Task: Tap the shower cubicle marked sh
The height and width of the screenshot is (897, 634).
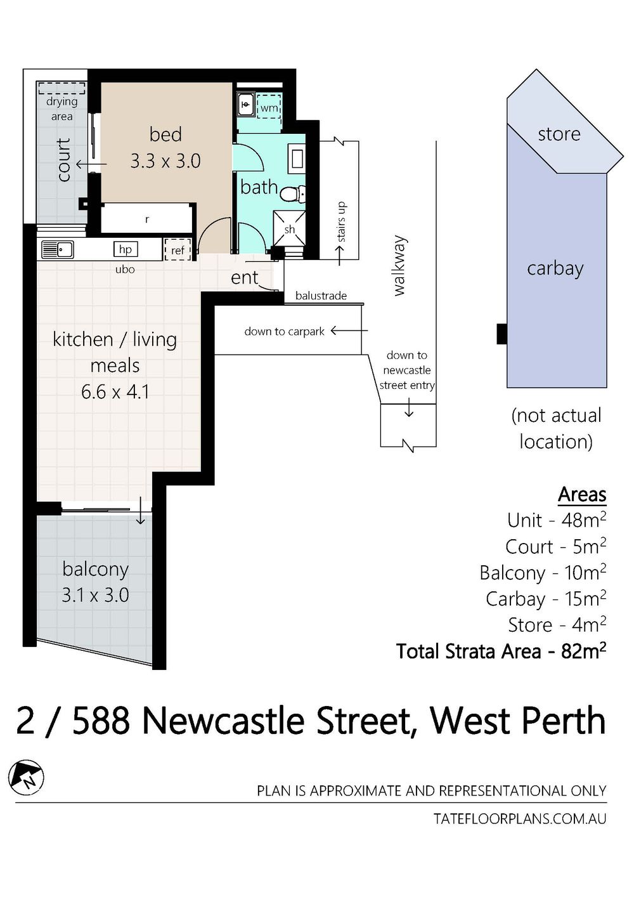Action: click(289, 228)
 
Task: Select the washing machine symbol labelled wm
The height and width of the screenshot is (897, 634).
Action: click(269, 107)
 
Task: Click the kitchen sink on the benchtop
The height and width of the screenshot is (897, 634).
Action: click(57, 249)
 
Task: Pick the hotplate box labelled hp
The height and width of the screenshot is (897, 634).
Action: click(126, 249)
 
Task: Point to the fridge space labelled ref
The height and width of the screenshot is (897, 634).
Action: click(178, 250)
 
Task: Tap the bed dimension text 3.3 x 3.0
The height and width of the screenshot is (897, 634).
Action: click(165, 161)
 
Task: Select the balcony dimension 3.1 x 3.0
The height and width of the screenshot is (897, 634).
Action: click(95, 595)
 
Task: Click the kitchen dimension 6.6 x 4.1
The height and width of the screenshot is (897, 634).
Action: click(115, 391)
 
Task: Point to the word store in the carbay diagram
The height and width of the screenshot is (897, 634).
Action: click(559, 134)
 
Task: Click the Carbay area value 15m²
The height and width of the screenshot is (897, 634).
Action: click(585, 599)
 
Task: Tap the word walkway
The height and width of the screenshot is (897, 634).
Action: click(400, 266)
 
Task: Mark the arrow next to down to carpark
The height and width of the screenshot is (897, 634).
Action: click(349, 331)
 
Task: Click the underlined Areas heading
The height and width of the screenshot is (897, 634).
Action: click(583, 495)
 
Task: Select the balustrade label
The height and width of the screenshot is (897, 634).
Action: click(321, 296)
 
